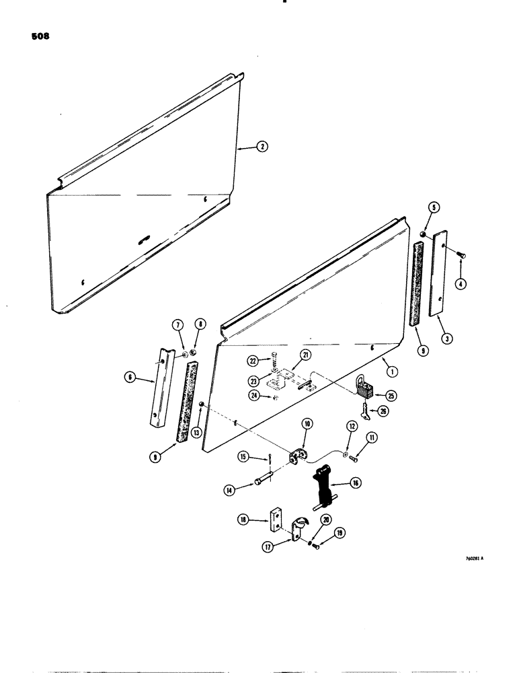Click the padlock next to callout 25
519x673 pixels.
(366, 387)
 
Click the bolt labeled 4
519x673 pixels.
(459, 254)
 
